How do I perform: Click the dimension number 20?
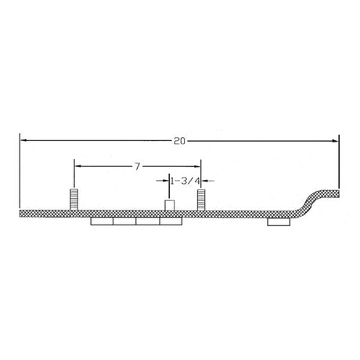pos(179,141)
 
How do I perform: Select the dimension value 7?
pos(137,166)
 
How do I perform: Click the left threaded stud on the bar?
pos(74,200)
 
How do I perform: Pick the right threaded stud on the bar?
pos(200,200)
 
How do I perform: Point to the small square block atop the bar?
pos(168,206)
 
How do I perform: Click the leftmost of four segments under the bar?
pos(102,223)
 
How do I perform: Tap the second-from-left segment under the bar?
pos(124,223)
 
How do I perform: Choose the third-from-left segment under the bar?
pos(147,223)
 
